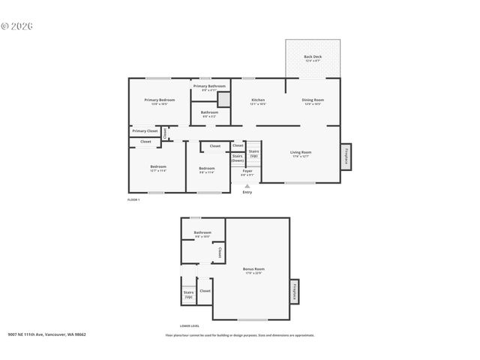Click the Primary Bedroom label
click(160, 100)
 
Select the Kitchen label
click(258, 100)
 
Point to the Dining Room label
click(313, 100)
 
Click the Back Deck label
click(313, 57)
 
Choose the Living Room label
click(301, 153)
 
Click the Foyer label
click(247, 171)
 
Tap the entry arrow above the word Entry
click(247, 185)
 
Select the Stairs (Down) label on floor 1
click(237, 157)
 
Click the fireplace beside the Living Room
click(346, 155)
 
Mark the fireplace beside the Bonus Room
click(294, 292)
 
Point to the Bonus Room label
click(253, 269)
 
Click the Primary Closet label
click(145, 131)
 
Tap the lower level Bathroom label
click(202, 233)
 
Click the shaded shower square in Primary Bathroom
click(222, 97)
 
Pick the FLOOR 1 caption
click(133, 199)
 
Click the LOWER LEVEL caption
click(190, 326)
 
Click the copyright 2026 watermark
click(17, 25)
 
